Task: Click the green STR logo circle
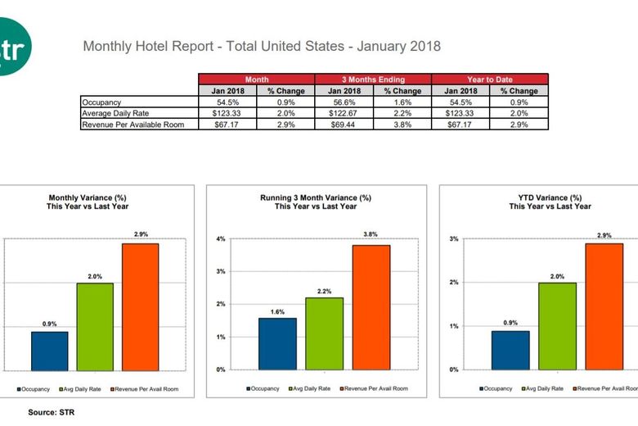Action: click(11, 47)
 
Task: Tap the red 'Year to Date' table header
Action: click(489, 79)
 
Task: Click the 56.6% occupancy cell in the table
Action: click(344, 102)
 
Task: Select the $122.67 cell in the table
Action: click(344, 113)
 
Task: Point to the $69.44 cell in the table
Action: click(344, 125)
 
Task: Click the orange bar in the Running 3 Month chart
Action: click(371, 307)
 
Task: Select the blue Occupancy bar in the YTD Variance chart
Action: click(510, 350)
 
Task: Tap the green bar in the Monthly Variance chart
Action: click(95, 326)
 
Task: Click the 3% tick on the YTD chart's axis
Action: click(454, 239)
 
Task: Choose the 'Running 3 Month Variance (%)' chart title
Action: click(316, 198)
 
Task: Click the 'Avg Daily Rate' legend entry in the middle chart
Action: click(311, 388)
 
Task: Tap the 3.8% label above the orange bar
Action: click(371, 234)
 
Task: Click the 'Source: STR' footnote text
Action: click(51, 412)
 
